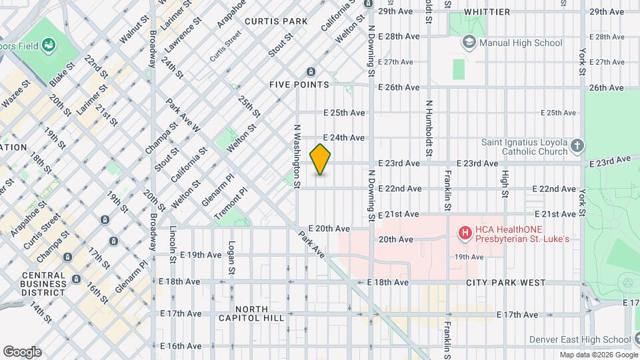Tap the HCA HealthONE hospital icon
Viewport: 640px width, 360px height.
464,233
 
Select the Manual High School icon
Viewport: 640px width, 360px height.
469,43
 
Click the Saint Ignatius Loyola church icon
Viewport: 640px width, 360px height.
577,145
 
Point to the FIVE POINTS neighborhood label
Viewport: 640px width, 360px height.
299,85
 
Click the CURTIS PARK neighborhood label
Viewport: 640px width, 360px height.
276,21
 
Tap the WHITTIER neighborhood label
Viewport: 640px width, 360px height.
487,12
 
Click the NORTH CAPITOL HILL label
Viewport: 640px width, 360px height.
251,313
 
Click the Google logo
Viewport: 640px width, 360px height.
22,352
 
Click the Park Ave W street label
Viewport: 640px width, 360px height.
182,115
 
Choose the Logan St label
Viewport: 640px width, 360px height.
232,257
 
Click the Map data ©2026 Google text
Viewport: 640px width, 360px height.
598,355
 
